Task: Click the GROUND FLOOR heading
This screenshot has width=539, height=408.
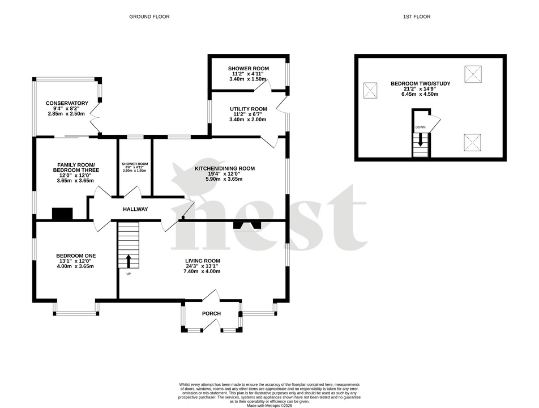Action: click(x=149, y=17)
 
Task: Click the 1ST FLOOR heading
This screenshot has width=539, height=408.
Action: click(x=416, y=17)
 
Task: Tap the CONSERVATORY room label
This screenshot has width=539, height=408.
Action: click(x=67, y=103)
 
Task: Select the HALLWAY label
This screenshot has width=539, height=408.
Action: click(x=135, y=209)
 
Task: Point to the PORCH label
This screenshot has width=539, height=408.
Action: click(x=211, y=313)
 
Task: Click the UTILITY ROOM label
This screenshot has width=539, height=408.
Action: click(x=248, y=109)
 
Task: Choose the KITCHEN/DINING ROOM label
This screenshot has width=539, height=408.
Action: click(x=225, y=168)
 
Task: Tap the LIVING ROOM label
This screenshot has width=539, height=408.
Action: click(x=202, y=261)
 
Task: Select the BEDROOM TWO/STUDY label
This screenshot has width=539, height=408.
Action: click(x=420, y=84)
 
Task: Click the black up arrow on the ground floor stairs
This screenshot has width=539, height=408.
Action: click(x=128, y=261)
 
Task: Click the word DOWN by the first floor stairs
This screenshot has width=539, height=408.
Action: click(x=420, y=127)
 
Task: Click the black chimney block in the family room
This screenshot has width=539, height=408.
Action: click(x=62, y=214)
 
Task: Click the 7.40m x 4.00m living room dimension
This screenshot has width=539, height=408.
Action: click(x=202, y=271)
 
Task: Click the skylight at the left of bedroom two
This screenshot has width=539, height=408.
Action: click(x=370, y=90)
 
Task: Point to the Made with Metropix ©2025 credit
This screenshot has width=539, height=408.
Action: click(x=269, y=406)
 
